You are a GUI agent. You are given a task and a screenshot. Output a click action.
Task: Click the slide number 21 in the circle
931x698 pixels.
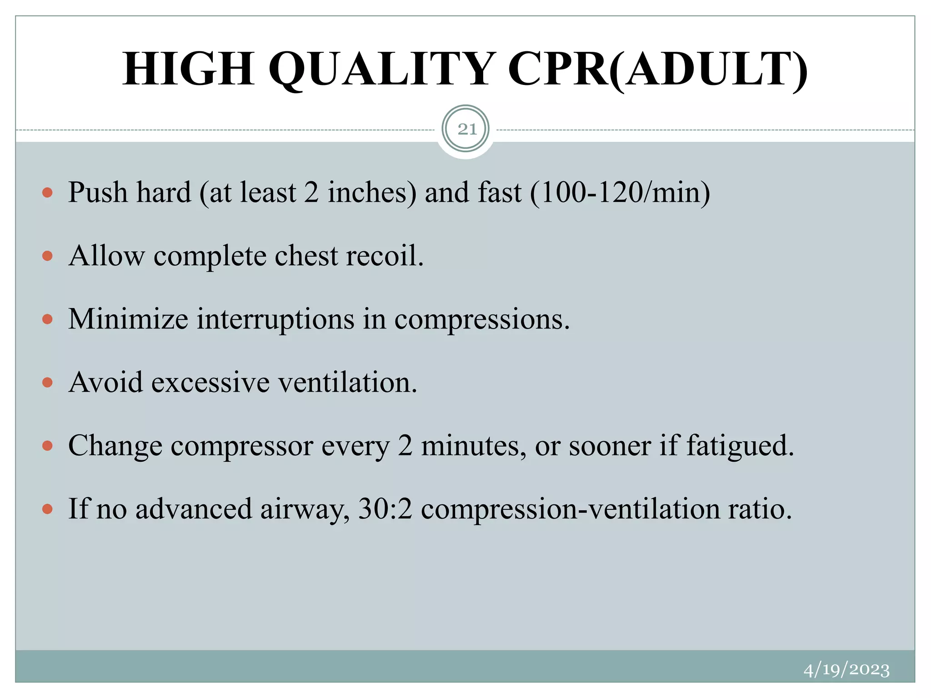click(x=466, y=130)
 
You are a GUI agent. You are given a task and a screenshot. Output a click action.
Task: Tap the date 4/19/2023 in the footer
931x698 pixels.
click(x=846, y=670)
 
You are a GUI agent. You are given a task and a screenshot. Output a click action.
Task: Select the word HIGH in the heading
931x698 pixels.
click(x=188, y=69)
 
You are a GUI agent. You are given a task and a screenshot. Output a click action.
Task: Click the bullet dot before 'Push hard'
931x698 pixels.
click(x=47, y=193)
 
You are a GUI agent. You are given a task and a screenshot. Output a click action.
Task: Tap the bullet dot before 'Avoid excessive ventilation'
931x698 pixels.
click(x=47, y=383)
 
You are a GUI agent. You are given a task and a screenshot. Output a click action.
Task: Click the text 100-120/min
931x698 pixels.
click(x=620, y=192)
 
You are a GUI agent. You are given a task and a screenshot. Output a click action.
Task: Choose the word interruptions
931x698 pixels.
click(x=275, y=319)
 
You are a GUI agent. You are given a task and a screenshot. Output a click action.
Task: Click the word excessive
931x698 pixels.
click(x=210, y=382)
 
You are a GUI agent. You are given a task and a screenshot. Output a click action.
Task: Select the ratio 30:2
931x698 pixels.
click(x=385, y=509)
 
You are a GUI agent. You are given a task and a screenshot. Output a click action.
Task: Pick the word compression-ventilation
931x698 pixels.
click(x=571, y=509)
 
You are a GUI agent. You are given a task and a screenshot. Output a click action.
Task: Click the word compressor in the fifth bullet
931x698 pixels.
click(x=242, y=446)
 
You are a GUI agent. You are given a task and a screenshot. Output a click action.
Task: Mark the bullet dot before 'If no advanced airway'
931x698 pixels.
click(x=47, y=509)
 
